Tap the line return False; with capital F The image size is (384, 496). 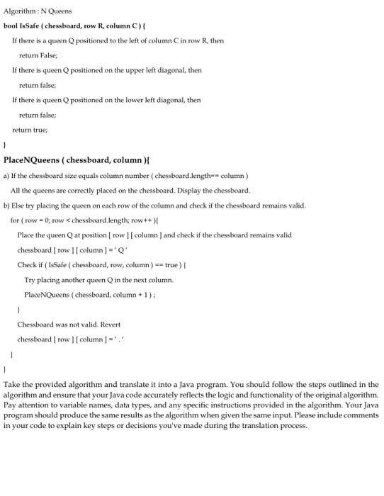(x=38, y=55)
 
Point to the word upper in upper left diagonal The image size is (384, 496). (x=130, y=70)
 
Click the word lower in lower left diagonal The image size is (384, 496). (x=130, y=100)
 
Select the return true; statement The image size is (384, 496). (x=30, y=130)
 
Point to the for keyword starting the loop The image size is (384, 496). (x=14, y=220)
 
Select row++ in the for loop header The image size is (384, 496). (x=124, y=220)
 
